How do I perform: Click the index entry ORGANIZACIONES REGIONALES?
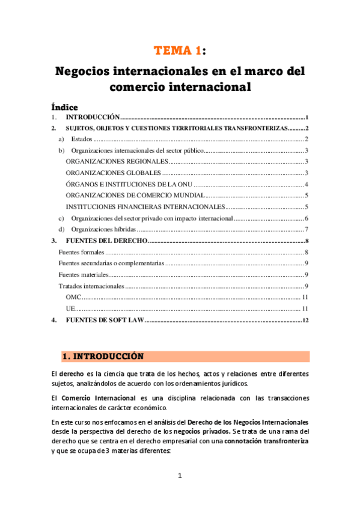tap(116, 162)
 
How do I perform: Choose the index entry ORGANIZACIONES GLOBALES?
tap(113, 173)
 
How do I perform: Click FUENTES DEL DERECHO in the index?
tap(106, 241)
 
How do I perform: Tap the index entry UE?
tap(70, 309)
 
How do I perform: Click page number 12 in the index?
tap(305, 320)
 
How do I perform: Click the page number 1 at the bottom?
tap(180, 476)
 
